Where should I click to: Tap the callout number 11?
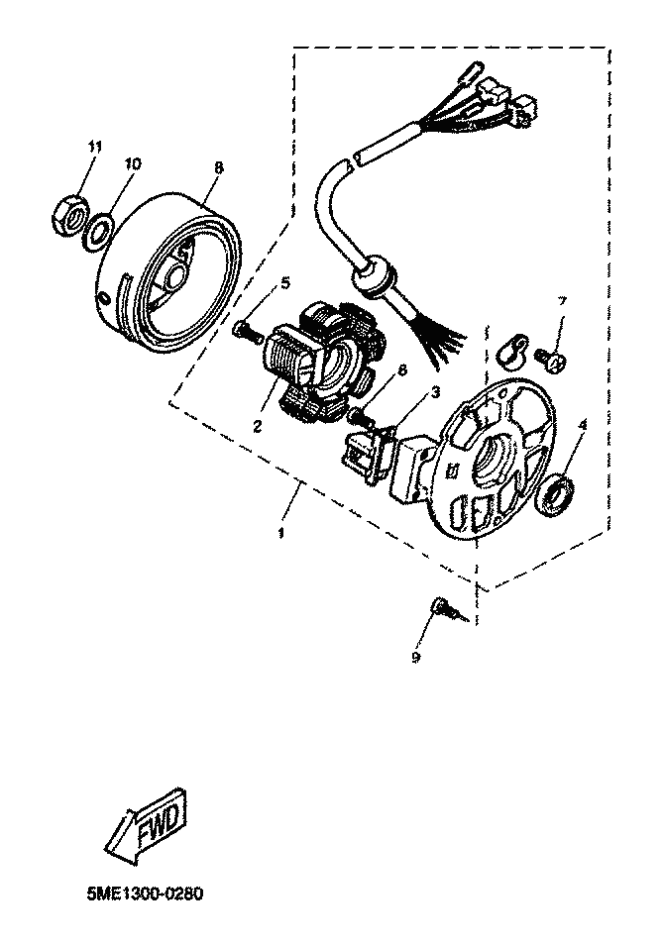94,147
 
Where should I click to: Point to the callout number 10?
132,162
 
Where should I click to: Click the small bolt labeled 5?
247,333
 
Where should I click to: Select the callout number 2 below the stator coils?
256,427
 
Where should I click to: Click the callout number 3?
435,393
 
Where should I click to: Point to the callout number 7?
561,300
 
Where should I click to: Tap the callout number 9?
417,656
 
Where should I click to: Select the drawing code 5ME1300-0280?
145,892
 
